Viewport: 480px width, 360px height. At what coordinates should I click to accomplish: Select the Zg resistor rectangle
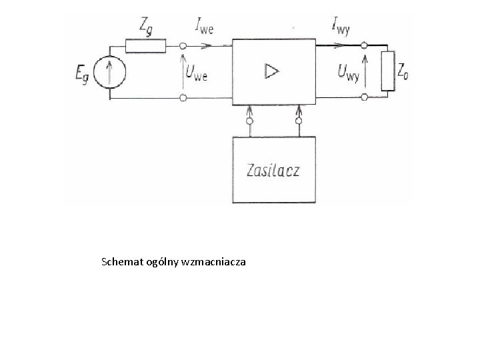coord(145,46)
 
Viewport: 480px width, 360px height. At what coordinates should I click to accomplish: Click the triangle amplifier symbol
coord(272,71)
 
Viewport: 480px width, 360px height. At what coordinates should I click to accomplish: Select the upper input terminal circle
coord(183,46)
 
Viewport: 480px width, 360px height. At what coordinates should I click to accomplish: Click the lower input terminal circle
coord(183,98)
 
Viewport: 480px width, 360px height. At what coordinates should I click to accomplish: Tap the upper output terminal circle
coord(364,46)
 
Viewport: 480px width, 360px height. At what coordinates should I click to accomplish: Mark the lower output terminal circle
coord(364,98)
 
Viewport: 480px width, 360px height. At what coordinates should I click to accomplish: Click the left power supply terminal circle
coord(249,122)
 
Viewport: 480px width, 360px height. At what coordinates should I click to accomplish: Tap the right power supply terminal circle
coord(298,122)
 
